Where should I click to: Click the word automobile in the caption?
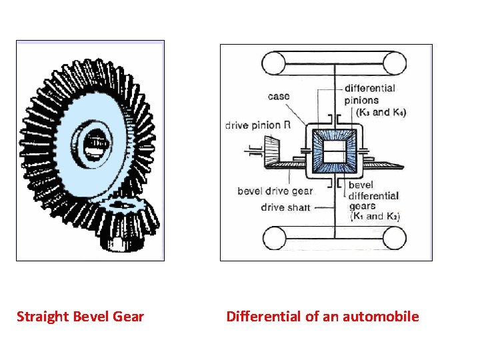coord(381,317)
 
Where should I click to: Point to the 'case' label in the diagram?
coord(279,97)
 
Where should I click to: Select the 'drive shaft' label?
coord(285,207)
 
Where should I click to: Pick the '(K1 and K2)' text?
coord(374,216)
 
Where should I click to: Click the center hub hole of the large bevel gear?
coord(99,143)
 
